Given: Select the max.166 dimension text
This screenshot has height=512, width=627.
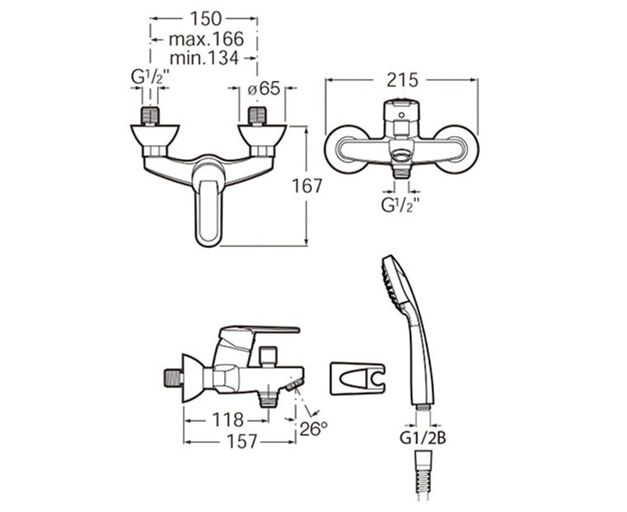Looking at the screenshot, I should coord(205,39).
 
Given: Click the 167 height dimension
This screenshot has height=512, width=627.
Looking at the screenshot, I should coord(307,186).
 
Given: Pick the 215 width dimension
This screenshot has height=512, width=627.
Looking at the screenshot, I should coord(402,80).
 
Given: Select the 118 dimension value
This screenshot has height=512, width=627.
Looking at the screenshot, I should coord(228,420).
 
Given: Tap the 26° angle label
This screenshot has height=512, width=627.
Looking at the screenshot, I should coord(313,428).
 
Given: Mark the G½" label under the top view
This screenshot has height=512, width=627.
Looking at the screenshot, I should coord(401,204).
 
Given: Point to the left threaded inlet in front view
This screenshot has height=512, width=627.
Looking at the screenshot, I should coord(150,115).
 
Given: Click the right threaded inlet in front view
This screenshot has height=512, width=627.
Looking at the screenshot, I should coord(257,115).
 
